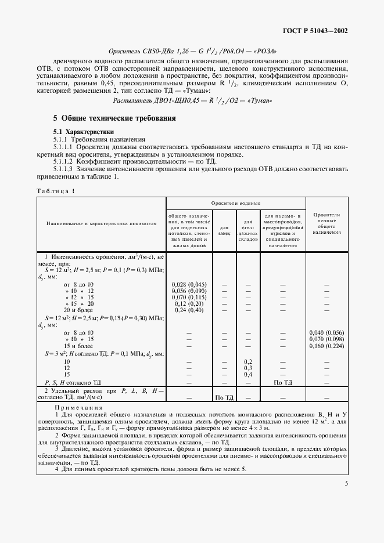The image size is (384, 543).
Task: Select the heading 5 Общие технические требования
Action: (114, 118)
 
